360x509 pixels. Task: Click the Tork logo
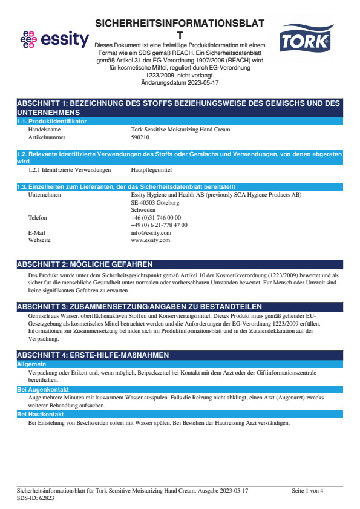point(305,40)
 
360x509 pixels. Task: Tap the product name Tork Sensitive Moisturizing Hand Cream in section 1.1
point(180,130)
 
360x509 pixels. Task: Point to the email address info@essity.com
point(151,232)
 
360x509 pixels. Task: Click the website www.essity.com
point(150,240)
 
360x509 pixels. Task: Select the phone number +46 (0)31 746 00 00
point(155,217)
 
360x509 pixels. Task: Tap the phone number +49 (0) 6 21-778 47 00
point(159,225)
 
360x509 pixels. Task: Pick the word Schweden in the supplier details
point(143,210)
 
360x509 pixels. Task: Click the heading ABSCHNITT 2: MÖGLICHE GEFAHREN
point(85,264)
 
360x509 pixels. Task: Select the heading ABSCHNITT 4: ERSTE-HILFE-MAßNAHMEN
point(93,355)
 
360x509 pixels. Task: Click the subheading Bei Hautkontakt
point(38,415)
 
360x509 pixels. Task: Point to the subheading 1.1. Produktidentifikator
point(51,122)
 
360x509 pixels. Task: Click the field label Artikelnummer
point(46,137)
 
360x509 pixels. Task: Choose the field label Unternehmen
point(45,195)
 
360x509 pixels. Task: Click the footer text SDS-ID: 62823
point(36,498)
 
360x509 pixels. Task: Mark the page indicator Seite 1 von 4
point(307,490)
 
